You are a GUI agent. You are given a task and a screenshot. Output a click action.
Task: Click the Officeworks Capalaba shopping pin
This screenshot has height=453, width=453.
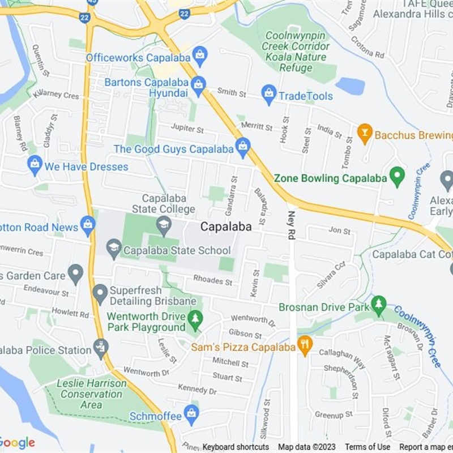pos(199,55)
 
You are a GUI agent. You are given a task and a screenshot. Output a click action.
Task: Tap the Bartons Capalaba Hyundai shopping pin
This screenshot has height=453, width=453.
pos(198,86)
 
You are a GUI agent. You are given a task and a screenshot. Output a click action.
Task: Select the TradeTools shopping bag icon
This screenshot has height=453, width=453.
pos(269,95)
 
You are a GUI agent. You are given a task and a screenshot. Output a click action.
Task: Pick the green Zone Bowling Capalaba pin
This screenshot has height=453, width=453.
pos(398,177)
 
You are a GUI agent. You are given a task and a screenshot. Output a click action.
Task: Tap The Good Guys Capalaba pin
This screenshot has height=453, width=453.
pos(243,148)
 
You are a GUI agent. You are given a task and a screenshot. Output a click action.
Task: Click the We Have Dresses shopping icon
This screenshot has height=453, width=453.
pos(35,165)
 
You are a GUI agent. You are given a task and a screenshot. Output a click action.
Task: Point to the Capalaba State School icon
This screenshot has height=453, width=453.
pos(114,249)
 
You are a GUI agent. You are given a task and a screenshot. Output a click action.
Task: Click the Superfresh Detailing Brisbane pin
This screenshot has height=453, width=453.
pos(100,293)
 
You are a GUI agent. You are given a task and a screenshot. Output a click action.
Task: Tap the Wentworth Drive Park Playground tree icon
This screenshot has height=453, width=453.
pos(195,320)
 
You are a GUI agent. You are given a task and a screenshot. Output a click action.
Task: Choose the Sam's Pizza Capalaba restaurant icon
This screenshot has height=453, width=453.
pos(305,345)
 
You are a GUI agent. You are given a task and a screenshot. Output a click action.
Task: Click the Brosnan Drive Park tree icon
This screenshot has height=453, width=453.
pos(379,306)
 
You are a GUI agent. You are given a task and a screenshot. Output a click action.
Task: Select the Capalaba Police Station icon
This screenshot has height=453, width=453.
pos(101,348)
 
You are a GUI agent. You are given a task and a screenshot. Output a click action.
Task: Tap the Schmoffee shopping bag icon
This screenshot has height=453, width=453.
pos(191,415)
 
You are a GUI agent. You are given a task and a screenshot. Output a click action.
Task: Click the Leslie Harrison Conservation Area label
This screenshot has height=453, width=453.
pos(92,394)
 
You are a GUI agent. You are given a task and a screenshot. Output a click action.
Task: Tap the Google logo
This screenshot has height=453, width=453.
pos(17,443)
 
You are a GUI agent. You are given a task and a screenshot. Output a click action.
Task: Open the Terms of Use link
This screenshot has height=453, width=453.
pos(367,447)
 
